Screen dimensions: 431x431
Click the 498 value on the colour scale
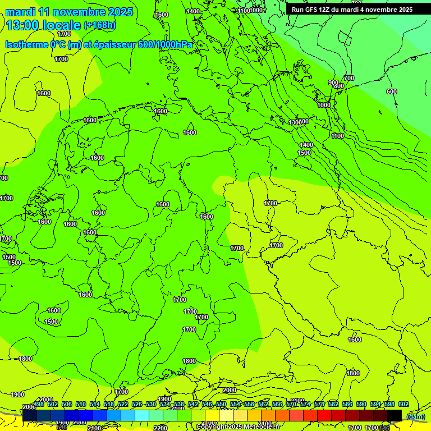point(39,404)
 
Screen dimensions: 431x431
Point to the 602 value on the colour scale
point(404,404)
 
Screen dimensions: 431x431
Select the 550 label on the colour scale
point(221,404)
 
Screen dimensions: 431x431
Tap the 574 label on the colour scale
point(305,404)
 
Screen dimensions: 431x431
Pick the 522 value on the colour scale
point(123,404)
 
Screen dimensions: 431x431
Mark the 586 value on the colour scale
point(347,404)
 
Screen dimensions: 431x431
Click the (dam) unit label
point(416,416)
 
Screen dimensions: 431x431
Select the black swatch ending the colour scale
point(395,415)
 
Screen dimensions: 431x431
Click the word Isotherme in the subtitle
point(26,44)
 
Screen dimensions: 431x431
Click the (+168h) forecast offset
point(99,25)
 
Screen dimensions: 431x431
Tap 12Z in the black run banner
point(328,10)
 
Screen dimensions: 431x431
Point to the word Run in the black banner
point(298,10)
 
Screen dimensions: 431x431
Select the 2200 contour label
point(160,428)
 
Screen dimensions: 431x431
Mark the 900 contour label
point(333,82)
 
